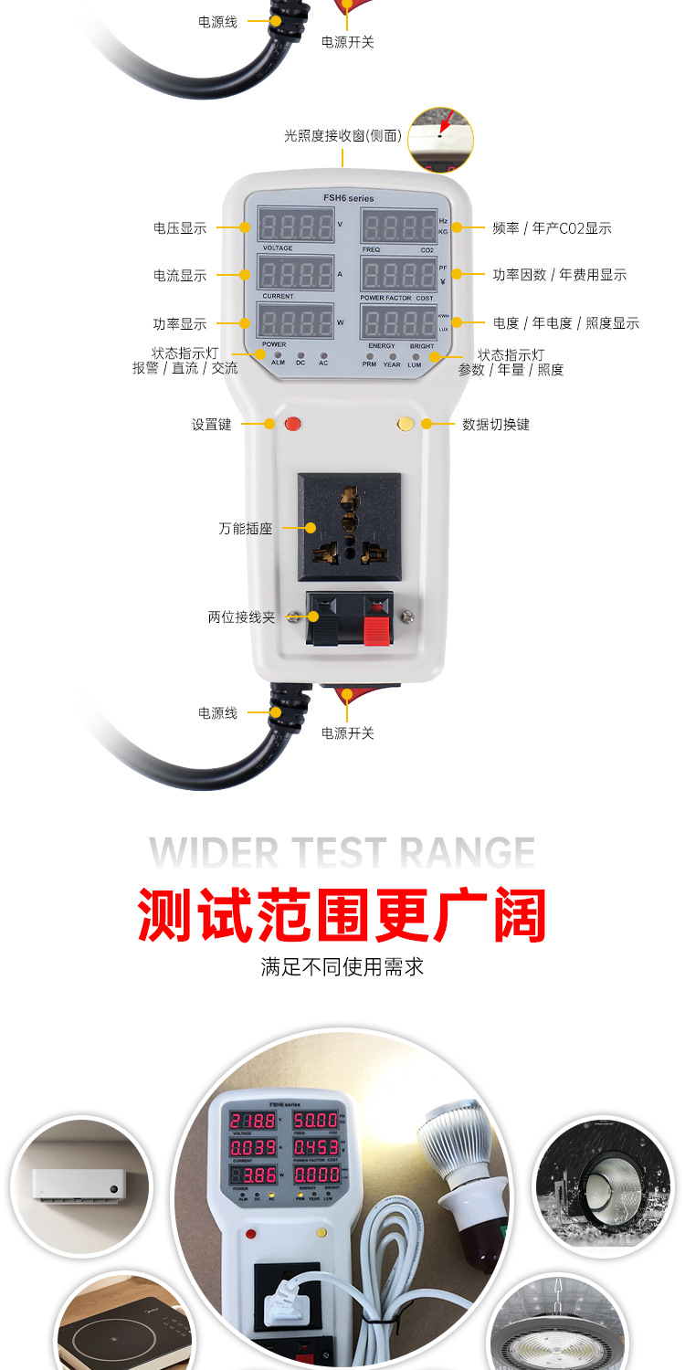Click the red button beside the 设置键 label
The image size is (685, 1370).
click(292, 423)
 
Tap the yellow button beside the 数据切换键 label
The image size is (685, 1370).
click(406, 423)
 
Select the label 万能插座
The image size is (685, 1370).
click(246, 528)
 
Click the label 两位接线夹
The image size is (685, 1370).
click(241, 617)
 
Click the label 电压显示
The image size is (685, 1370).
click(180, 227)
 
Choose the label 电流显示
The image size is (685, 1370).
click(180, 275)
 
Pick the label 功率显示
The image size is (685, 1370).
click(180, 323)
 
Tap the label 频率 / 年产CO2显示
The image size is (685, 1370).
click(552, 228)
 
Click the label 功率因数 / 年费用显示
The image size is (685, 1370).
click(560, 275)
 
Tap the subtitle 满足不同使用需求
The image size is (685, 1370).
click(342, 966)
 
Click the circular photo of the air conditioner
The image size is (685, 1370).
click(81, 1186)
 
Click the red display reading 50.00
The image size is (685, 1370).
click(315, 1120)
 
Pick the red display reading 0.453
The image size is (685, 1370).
click(315, 1146)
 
